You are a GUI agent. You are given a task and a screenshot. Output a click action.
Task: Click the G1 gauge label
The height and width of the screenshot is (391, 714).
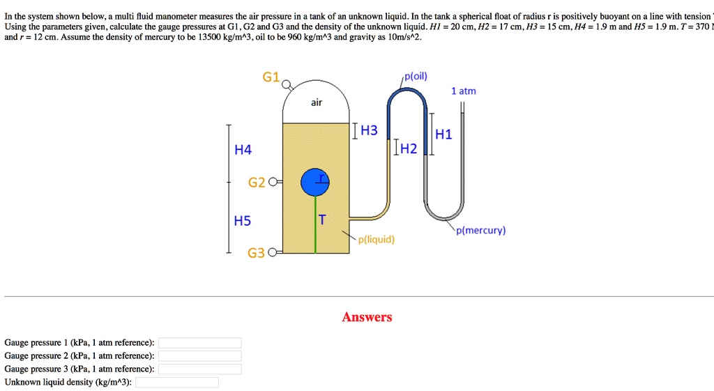pos(271,77)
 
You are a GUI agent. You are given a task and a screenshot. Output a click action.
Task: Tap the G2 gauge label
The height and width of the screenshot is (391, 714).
pos(257,183)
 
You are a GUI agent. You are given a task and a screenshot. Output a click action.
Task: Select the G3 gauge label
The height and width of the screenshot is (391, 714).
pos(257,253)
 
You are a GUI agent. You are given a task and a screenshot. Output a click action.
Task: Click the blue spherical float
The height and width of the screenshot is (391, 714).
pos(314,182)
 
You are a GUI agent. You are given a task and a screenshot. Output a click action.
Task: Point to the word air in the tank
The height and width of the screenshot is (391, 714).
pos(317,102)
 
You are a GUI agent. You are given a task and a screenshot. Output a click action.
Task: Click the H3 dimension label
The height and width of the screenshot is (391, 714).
pos(368,130)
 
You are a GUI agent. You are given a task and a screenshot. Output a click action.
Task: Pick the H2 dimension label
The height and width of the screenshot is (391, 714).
pos(408,148)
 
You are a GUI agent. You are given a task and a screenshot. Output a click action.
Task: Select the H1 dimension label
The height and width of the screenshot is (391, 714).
pos(443,135)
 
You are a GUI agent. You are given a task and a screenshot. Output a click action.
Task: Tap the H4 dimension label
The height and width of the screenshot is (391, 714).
pos(243,150)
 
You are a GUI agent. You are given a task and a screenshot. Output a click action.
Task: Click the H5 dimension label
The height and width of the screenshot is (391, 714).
pos(243,221)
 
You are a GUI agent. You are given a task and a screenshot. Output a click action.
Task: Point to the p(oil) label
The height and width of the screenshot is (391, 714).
pos(416,76)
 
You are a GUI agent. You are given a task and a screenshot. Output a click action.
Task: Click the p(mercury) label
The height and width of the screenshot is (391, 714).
pos(480,230)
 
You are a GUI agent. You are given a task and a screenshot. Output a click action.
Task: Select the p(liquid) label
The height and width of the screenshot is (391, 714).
pos(376,240)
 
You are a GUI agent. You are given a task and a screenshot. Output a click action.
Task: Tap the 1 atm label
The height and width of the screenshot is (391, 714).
pos(464,91)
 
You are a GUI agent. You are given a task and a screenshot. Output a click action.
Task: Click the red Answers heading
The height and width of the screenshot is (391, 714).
pos(367,317)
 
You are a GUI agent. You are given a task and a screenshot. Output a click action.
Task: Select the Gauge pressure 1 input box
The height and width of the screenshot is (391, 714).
pos(199,343)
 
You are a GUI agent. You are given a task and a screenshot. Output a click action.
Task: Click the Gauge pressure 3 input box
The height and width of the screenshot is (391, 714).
pos(199,369)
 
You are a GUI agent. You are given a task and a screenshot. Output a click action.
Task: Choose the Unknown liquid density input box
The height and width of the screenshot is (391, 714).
pos(176,382)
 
